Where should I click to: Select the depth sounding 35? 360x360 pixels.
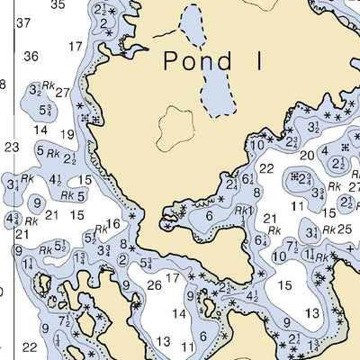coord(58,4)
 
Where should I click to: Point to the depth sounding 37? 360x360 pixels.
coord(23,22)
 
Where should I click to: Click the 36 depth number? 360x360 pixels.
coord(31,56)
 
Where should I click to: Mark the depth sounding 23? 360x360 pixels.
coord(12,147)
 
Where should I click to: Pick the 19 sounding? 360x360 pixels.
coord(67,135)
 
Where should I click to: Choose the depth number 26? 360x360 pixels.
coord(153,286)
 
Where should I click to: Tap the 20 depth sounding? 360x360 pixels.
coord(308,156)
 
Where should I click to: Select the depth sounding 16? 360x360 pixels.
coord(113,223)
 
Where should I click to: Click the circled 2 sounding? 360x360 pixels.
coord(122,260)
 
